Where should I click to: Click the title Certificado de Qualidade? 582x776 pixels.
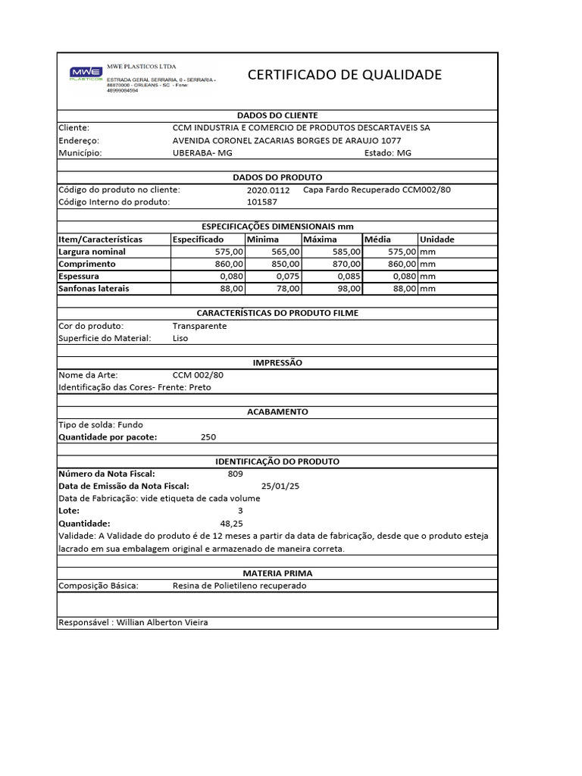pos(345,74)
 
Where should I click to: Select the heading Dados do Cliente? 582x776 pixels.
pos(277,115)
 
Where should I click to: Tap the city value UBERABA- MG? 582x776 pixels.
pos(203,152)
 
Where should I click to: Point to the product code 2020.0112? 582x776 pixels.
pos(268,190)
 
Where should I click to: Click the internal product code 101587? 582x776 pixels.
pos(262,202)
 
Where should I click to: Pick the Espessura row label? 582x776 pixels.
pos(79,277)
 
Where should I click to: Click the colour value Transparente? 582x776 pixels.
pos(199,326)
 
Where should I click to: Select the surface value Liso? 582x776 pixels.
pos(180,338)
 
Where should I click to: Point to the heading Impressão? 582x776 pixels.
pos(277,363)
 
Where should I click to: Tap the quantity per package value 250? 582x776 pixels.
pos(208,437)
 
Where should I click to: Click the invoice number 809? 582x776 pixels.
pos(235,474)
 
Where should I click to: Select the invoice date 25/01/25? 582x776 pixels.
pos(280,487)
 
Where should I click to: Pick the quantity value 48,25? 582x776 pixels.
pos(231,524)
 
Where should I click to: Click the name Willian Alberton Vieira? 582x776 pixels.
pos(162,622)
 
